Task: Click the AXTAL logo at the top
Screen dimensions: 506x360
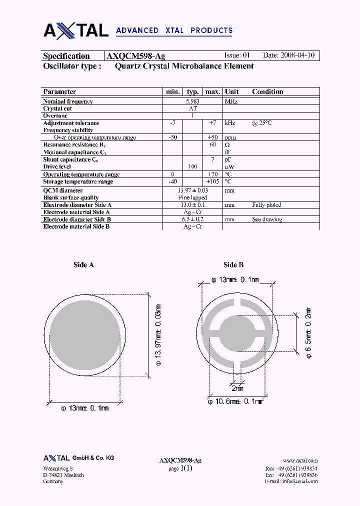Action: click(x=76, y=30)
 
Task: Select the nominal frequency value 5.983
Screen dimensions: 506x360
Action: click(x=193, y=101)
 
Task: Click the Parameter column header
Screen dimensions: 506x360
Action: click(x=59, y=91)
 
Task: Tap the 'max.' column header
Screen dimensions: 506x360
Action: click(x=212, y=91)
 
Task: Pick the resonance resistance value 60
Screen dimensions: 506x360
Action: click(x=212, y=144)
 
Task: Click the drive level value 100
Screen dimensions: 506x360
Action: click(x=192, y=166)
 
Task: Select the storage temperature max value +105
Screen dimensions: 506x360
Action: click(x=212, y=181)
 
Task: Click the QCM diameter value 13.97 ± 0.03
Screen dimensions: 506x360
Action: click(x=193, y=190)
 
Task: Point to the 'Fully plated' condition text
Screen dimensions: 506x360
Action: click(x=266, y=205)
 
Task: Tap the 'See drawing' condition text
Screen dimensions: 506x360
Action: click(x=267, y=219)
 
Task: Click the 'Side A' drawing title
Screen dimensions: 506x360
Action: click(x=83, y=265)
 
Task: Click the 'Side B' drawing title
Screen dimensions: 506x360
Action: click(x=233, y=265)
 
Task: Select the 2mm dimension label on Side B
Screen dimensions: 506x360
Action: click(x=237, y=388)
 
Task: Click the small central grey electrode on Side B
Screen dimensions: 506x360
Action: click(x=237, y=333)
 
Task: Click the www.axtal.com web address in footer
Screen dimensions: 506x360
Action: click(x=300, y=460)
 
